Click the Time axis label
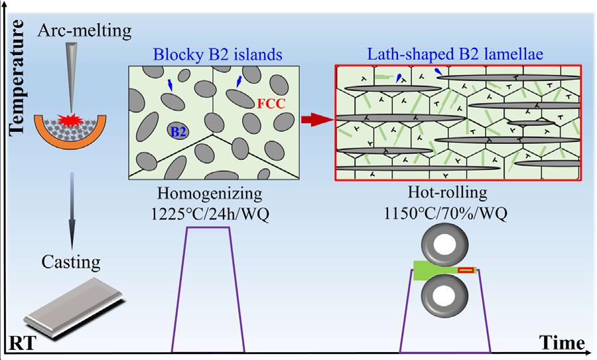[x=562, y=343]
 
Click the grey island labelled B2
[x=178, y=131]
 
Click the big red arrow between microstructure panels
[x=316, y=121]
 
